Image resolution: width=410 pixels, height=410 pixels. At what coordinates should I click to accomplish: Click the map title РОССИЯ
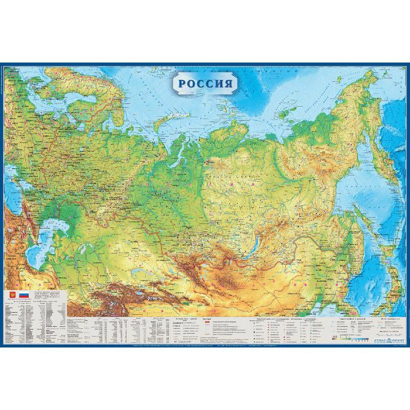coord(204,84)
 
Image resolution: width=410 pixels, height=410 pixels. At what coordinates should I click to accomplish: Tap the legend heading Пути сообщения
coord(387,319)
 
